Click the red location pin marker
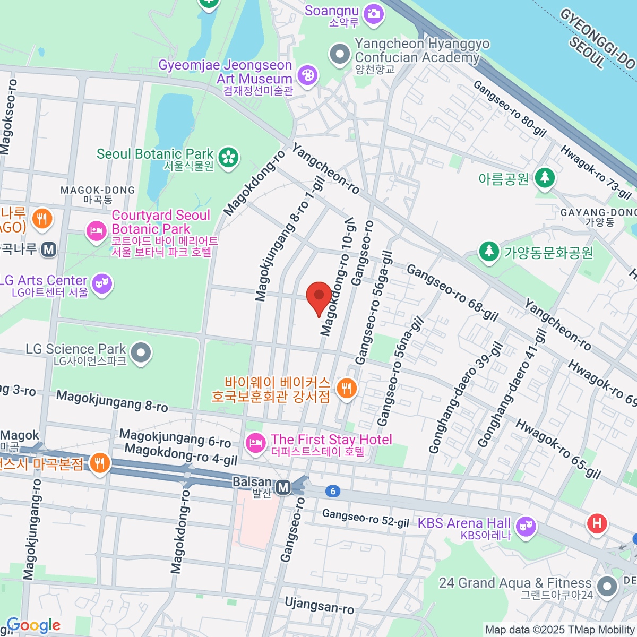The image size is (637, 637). click(x=318, y=295)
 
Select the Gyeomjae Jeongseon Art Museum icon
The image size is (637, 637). click(x=307, y=75)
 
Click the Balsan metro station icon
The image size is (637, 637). click(x=283, y=487)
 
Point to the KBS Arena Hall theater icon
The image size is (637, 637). click(x=526, y=527)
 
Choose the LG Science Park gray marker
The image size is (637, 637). click(x=141, y=353)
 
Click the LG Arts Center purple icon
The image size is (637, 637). click(x=101, y=284)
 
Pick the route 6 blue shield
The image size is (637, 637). click(x=333, y=491)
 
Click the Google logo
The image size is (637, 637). click(x=33, y=625)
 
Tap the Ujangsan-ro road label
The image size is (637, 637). click(x=319, y=605)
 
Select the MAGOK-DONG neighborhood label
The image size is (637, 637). click(x=98, y=194)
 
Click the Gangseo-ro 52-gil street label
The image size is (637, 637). click(x=365, y=518)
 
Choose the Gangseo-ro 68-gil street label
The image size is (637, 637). click(x=452, y=293)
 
